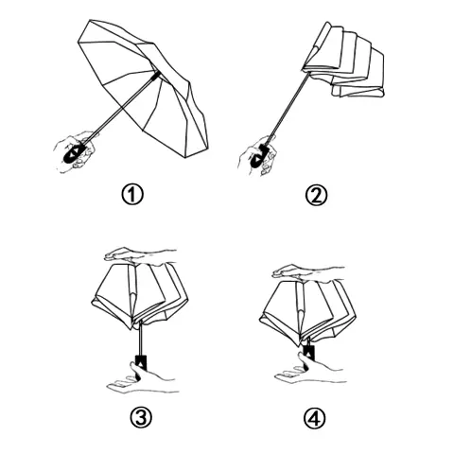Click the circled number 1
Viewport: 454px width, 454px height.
pyautogui.click(x=133, y=197)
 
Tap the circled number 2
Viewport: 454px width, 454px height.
pyautogui.click(x=317, y=197)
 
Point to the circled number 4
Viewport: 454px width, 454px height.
pyautogui.click(x=317, y=417)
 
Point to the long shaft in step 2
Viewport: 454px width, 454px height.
pyautogui.click(x=284, y=113)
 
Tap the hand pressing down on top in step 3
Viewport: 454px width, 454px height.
pyautogui.click(x=137, y=253)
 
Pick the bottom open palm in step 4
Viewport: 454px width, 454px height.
pyautogui.click(x=303, y=376)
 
